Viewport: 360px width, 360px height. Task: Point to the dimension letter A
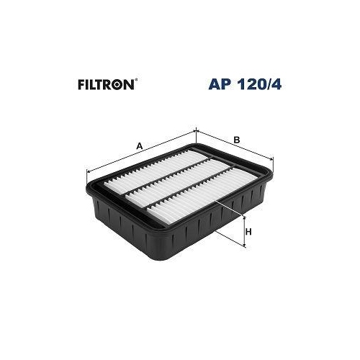pos(139,146)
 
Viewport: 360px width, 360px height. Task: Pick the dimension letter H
pos(248,231)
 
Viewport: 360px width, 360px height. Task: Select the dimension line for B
pos(234,144)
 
